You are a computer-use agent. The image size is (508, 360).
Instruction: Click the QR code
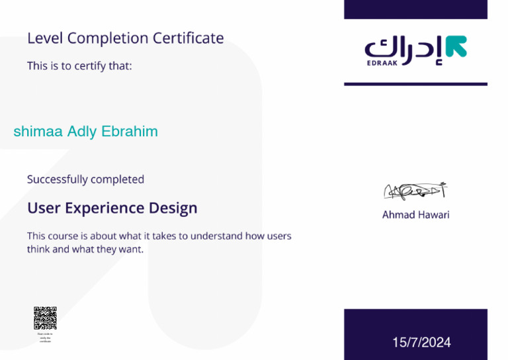click(45, 318)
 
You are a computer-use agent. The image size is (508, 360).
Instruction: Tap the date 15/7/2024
click(421, 342)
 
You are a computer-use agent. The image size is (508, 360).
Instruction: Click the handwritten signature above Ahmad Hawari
click(415, 191)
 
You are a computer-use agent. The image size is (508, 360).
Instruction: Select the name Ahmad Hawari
click(415, 215)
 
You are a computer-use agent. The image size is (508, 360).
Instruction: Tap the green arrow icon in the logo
click(456, 46)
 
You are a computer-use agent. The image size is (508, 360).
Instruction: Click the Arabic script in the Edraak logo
click(403, 48)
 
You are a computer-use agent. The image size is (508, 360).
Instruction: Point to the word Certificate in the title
click(189, 38)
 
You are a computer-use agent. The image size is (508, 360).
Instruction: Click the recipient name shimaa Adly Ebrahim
click(86, 132)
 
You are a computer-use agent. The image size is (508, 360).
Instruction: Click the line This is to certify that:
click(79, 66)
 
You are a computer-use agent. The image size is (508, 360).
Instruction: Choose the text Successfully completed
click(85, 179)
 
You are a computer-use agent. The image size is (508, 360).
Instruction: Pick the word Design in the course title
click(173, 208)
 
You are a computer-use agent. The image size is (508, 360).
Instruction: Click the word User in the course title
click(43, 208)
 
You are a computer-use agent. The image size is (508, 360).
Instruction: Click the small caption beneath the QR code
click(45, 337)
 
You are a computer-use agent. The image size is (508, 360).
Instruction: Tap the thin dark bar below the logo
click(415, 84)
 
